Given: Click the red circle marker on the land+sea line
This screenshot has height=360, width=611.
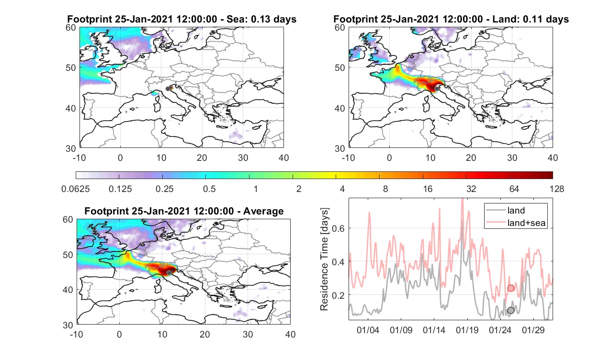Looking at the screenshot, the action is tap(510, 288).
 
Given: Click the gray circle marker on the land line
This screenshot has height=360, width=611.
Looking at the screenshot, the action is tap(510, 310).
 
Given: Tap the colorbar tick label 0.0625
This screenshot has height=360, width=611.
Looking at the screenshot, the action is tap(76, 189).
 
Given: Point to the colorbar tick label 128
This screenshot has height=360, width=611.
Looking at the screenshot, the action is tap(557, 189).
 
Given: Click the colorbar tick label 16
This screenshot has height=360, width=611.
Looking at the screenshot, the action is tap(428, 189).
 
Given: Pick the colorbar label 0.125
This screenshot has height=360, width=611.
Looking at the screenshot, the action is tap(120, 189).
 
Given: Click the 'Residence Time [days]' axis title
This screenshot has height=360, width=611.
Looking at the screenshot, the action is tap(324, 259).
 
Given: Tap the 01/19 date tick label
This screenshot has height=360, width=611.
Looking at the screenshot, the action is tap(467, 330).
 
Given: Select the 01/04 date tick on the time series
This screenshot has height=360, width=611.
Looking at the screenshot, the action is tap(368, 330).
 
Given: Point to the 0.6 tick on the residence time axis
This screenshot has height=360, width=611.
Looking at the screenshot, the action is tap(338, 228).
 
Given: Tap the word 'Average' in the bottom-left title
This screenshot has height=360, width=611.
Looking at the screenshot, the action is tap(263, 211).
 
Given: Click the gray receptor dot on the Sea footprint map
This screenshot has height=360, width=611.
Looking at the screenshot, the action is tap(168, 89).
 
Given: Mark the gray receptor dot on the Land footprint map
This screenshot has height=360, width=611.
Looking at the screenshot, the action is tap(437, 89).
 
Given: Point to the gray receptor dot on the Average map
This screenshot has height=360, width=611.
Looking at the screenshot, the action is tap(169, 273).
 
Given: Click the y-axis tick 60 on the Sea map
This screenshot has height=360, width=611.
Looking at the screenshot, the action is tap(70, 27).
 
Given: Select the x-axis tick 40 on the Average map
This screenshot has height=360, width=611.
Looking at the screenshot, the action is tap(290, 334).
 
